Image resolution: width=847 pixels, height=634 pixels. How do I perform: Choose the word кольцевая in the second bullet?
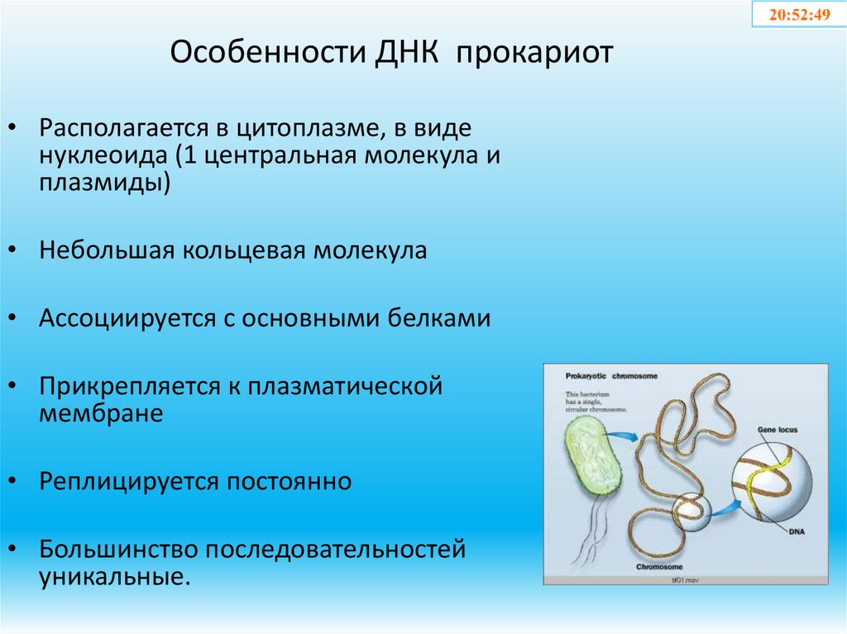[x=243, y=250]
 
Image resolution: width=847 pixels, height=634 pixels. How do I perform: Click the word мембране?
[x=101, y=412]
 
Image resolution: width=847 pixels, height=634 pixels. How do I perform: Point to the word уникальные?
[x=115, y=574]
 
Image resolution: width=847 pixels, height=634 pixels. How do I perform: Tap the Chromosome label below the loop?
[x=658, y=567]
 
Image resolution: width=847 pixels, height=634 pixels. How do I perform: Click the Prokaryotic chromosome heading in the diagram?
[x=611, y=375]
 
